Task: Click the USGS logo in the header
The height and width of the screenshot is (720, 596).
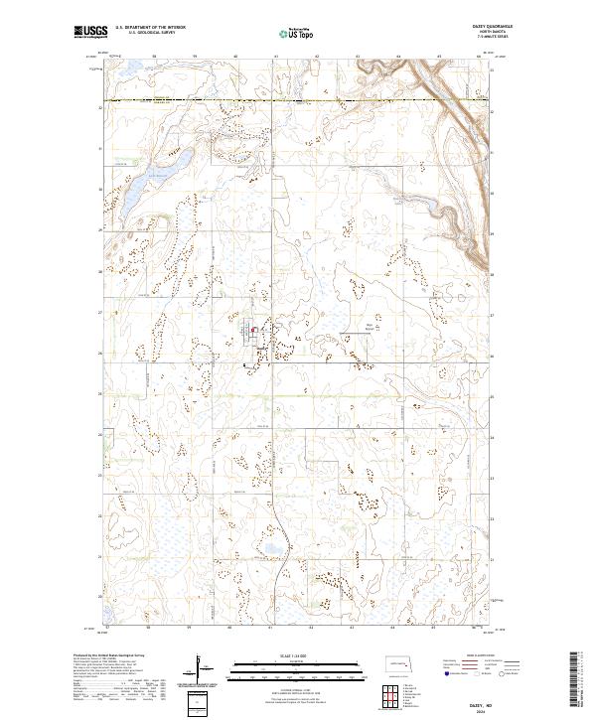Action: click(x=89, y=33)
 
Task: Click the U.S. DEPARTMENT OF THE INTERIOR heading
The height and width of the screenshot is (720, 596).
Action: click(x=149, y=28)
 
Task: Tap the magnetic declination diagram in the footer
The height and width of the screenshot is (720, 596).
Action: click(x=199, y=667)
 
